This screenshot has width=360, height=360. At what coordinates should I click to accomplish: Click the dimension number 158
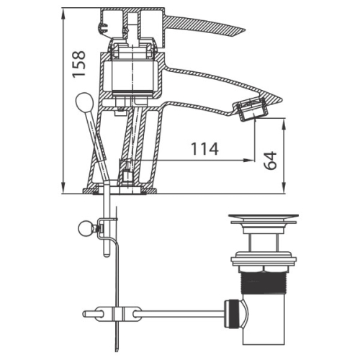pyautogui.click(x=79, y=64)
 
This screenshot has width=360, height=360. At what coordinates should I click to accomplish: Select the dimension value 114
pyautogui.click(x=204, y=149)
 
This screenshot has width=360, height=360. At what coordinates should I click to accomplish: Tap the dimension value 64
pyautogui.click(x=270, y=161)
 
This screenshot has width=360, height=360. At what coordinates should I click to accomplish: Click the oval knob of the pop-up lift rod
pyautogui.click(x=84, y=102)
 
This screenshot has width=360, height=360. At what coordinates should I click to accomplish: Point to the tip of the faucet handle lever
pyautogui.click(x=245, y=31)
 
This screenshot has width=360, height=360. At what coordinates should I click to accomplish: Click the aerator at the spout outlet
pyautogui.click(x=251, y=110)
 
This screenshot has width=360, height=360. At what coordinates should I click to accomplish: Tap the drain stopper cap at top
pyautogui.click(x=264, y=217)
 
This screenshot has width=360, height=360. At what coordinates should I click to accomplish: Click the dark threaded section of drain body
pyautogui.click(x=263, y=283)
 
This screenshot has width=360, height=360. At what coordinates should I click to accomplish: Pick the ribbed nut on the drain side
pyautogui.click(x=232, y=314)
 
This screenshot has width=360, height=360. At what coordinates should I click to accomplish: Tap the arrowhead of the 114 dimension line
pyautogui.click(x=249, y=160)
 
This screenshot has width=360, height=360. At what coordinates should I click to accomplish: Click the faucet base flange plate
pyautogui.click(x=120, y=191)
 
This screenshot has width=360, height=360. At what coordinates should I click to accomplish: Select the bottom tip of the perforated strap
pyautogui.click(x=117, y=351)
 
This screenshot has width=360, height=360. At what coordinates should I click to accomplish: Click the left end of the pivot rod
pyautogui.click(x=84, y=314)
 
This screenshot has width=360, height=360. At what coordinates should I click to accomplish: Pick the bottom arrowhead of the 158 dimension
pyautogui.click(x=63, y=188)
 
